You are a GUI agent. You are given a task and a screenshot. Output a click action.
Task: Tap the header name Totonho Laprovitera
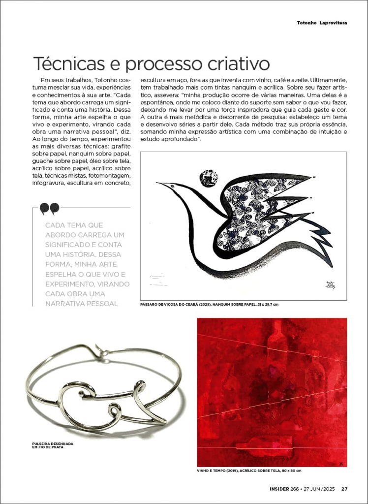click(322, 23)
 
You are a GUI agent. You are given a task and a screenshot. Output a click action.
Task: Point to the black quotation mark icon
click(49, 209)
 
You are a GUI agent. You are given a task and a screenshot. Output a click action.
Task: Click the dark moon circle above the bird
click(209, 178)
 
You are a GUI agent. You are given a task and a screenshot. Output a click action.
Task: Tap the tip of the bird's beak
click(157, 184)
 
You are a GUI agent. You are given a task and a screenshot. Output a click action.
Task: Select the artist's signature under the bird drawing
click(329, 285)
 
